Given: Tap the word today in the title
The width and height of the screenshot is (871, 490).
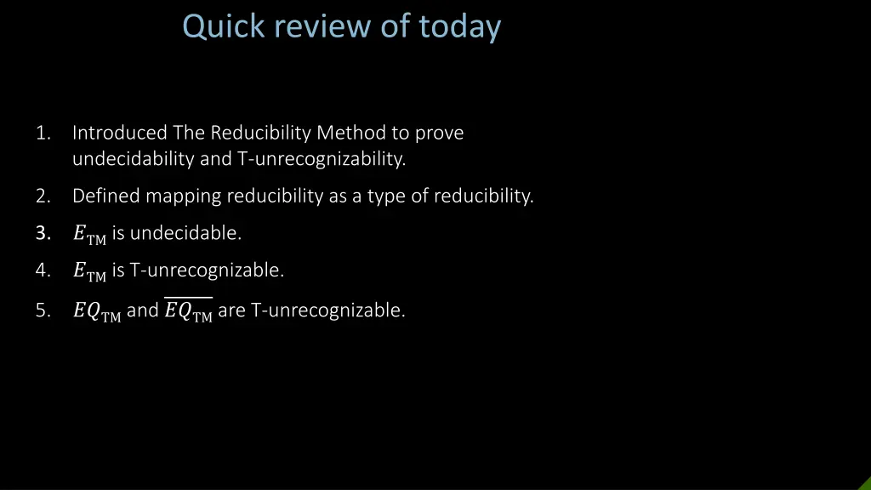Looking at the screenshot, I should point(459,27).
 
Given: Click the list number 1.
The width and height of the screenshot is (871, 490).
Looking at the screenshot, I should point(43,134).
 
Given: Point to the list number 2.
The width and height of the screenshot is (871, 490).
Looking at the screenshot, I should point(43,197).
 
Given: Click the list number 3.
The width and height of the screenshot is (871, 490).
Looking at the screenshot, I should point(43,233).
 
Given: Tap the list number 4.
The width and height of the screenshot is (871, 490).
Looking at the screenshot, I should point(43,271).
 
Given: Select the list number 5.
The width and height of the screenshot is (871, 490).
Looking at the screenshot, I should point(43,311).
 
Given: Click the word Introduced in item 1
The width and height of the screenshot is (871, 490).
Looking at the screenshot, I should point(120,134).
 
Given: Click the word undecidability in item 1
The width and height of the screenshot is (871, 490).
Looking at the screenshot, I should point(134,159).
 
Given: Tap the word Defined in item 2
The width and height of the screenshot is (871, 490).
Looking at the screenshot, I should point(105,197).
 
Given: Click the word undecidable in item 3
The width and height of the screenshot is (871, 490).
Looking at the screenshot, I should point(185,233).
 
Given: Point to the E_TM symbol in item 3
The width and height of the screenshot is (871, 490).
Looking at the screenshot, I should point(89,235).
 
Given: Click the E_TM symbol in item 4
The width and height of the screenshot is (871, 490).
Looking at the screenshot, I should point(89,272).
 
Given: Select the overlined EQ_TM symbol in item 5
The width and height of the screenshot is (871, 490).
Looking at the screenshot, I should point(188,311).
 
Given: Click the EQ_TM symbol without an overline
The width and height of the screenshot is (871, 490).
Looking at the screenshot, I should point(97,312).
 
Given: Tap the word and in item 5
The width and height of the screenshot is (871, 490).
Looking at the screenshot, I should point(143,311).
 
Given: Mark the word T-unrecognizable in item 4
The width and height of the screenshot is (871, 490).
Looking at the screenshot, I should point(206,271).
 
